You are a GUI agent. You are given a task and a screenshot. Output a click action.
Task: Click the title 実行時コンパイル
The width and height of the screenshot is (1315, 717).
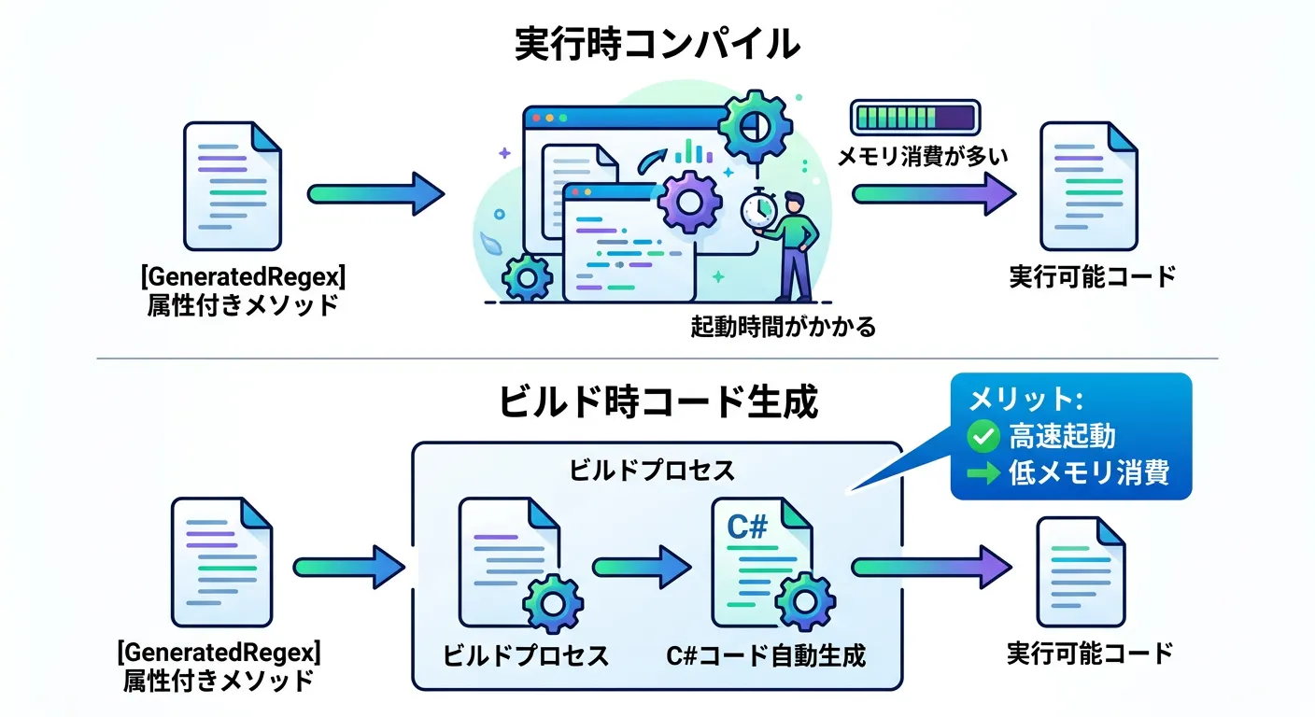click(657, 45)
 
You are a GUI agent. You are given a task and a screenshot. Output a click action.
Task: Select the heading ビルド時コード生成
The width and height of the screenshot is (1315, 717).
click(658, 401)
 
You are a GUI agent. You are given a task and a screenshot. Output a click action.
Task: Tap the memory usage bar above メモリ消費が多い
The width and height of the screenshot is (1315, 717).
click(914, 118)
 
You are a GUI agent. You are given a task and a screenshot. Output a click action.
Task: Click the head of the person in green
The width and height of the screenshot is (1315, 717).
click(793, 203)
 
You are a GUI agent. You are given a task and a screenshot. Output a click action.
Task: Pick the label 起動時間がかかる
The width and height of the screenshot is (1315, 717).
click(783, 327)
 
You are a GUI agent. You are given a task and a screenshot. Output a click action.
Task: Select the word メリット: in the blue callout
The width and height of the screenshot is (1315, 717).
click(1025, 399)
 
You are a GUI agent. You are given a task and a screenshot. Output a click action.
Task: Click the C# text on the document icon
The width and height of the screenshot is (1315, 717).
click(747, 527)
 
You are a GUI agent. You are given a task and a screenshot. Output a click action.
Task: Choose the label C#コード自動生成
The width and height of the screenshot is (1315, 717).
click(766, 655)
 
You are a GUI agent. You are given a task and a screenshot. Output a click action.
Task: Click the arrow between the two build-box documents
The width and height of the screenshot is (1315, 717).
click(641, 566)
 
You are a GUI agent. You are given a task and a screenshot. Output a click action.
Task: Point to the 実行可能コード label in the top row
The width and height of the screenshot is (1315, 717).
click(1092, 277)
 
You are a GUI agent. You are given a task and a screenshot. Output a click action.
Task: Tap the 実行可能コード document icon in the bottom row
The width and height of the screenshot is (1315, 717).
click(1081, 571)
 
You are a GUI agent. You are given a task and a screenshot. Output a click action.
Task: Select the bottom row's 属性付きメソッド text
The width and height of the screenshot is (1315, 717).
click(219, 681)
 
